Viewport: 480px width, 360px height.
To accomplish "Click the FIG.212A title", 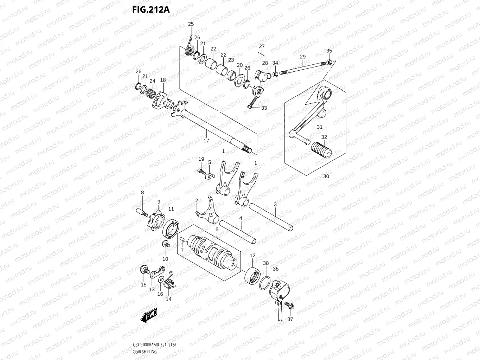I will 151,9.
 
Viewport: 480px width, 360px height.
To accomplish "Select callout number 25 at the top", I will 191,24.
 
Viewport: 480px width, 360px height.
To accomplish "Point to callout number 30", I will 326,176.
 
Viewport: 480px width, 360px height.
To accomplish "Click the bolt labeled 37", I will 289,305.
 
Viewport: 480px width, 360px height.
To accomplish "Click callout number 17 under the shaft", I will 206,141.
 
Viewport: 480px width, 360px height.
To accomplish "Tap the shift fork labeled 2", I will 206,213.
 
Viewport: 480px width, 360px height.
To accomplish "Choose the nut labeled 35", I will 329,62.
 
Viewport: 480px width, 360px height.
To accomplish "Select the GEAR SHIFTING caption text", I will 145,352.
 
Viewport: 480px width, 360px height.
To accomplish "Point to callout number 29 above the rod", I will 303,57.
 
